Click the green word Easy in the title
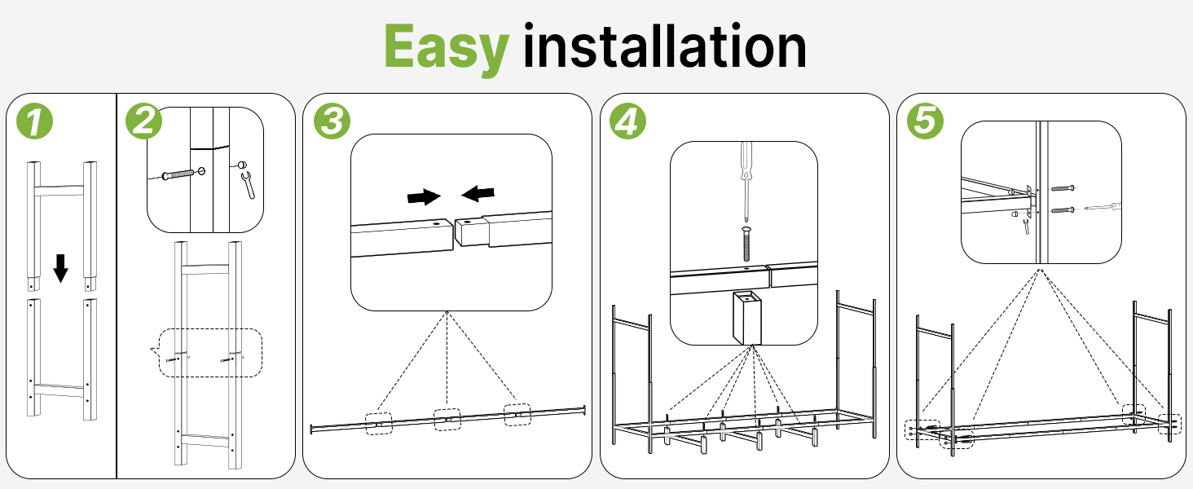pyautogui.click(x=447, y=49)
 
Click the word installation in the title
pyautogui.click(x=665, y=46)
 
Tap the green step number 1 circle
pyautogui.click(x=34, y=121)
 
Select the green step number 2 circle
pyautogui.click(x=143, y=121)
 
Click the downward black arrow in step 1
pyautogui.click(x=61, y=268)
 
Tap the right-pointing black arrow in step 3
pyautogui.click(x=424, y=196)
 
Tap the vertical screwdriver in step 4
pyautogui.click(x=746, y=180)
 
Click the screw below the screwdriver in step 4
pyautogui.click(x=746, y=244)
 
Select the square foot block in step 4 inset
pyautogui.click(x=747, y=317)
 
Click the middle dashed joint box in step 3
pyautogui.click(x=447, y=419)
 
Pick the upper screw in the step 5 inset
pyautogui.click(x=1062, y=188)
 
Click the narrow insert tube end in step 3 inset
pyautogui.click(x=471, y=231)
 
